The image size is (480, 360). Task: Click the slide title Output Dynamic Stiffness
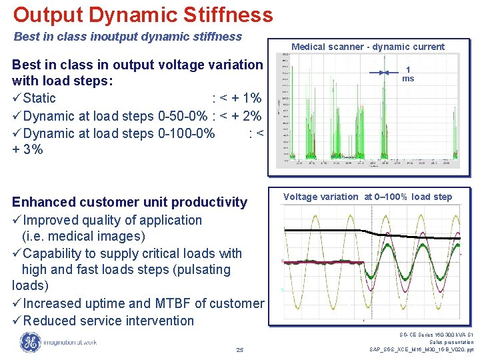[x=143, y=15]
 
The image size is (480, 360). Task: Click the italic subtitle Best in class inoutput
[x=127, y=37]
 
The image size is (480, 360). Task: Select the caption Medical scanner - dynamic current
[x=367, y=47]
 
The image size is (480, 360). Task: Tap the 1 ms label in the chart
[x=408, y=73]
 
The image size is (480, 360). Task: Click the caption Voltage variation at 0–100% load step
[x=367, y=197]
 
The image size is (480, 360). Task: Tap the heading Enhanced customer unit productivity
[x=129, y=202]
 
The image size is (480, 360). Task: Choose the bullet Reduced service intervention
[x=108, y=321]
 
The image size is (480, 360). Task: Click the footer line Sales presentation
[x=449, y=342]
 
